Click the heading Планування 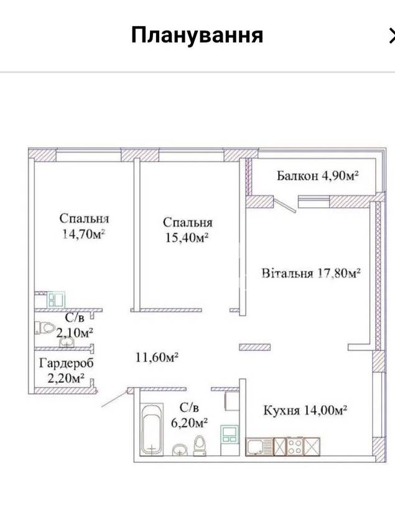tap(197, 35)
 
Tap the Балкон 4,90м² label tap(317, 176)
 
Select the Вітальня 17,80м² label tap(311, 273)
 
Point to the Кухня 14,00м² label tap(305, 410)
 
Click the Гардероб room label tap(66, 363)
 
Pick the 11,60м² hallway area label tap(157, 357)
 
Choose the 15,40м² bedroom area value tap(187, 238)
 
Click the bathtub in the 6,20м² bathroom tap(152, 428)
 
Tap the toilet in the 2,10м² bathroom tap(45, 327)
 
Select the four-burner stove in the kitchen tap(295, 446)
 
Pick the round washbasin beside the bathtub tap(180, 450)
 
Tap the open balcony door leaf tap(286, 205)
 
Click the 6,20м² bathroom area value tap(189, 423)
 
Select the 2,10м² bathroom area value tap(75, 333)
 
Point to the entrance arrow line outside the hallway tap(114, 398)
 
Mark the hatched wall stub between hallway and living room tap(254, 347)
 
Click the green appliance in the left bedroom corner tap(56, 299)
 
